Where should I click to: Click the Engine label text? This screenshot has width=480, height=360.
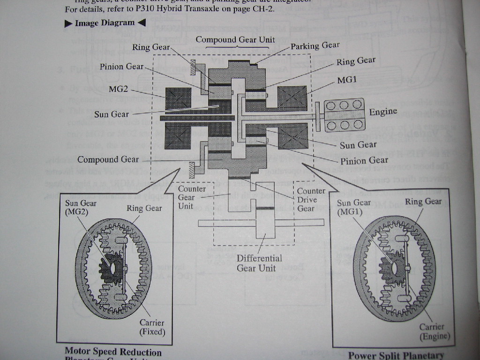point(383,112)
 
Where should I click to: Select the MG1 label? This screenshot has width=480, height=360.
point(347,80)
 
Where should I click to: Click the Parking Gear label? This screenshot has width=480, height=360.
point(315,45)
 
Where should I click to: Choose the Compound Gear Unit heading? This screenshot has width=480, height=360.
point(235,39)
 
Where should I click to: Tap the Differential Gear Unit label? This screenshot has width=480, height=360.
point(259,263)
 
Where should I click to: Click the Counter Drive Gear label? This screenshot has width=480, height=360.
point(310,199)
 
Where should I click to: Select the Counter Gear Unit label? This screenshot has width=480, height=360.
point(192,197)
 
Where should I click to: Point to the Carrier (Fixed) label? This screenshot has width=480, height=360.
point(152,327)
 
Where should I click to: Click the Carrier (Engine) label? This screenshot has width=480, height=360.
point(435,331)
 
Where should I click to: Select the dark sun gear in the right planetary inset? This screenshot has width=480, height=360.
point(392,267)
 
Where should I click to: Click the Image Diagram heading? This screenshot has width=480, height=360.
point(105,22)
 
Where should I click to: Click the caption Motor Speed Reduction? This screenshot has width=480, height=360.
point(113,352)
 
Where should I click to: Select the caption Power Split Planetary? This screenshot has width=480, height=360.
point(396,355)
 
